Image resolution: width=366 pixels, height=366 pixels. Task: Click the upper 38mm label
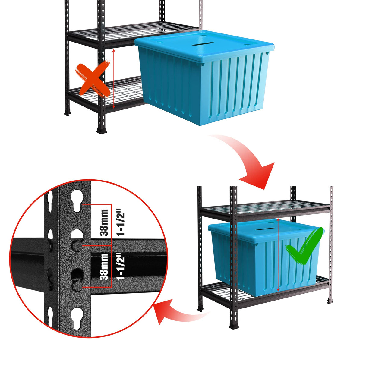point(104,222)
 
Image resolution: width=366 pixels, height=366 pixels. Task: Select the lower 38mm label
point(104,267)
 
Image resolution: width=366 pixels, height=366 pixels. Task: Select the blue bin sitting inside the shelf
point(265,256)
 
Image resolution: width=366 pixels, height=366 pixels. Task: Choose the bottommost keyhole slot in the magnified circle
point(77,318)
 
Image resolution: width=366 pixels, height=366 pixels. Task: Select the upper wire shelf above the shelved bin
point(265,208)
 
